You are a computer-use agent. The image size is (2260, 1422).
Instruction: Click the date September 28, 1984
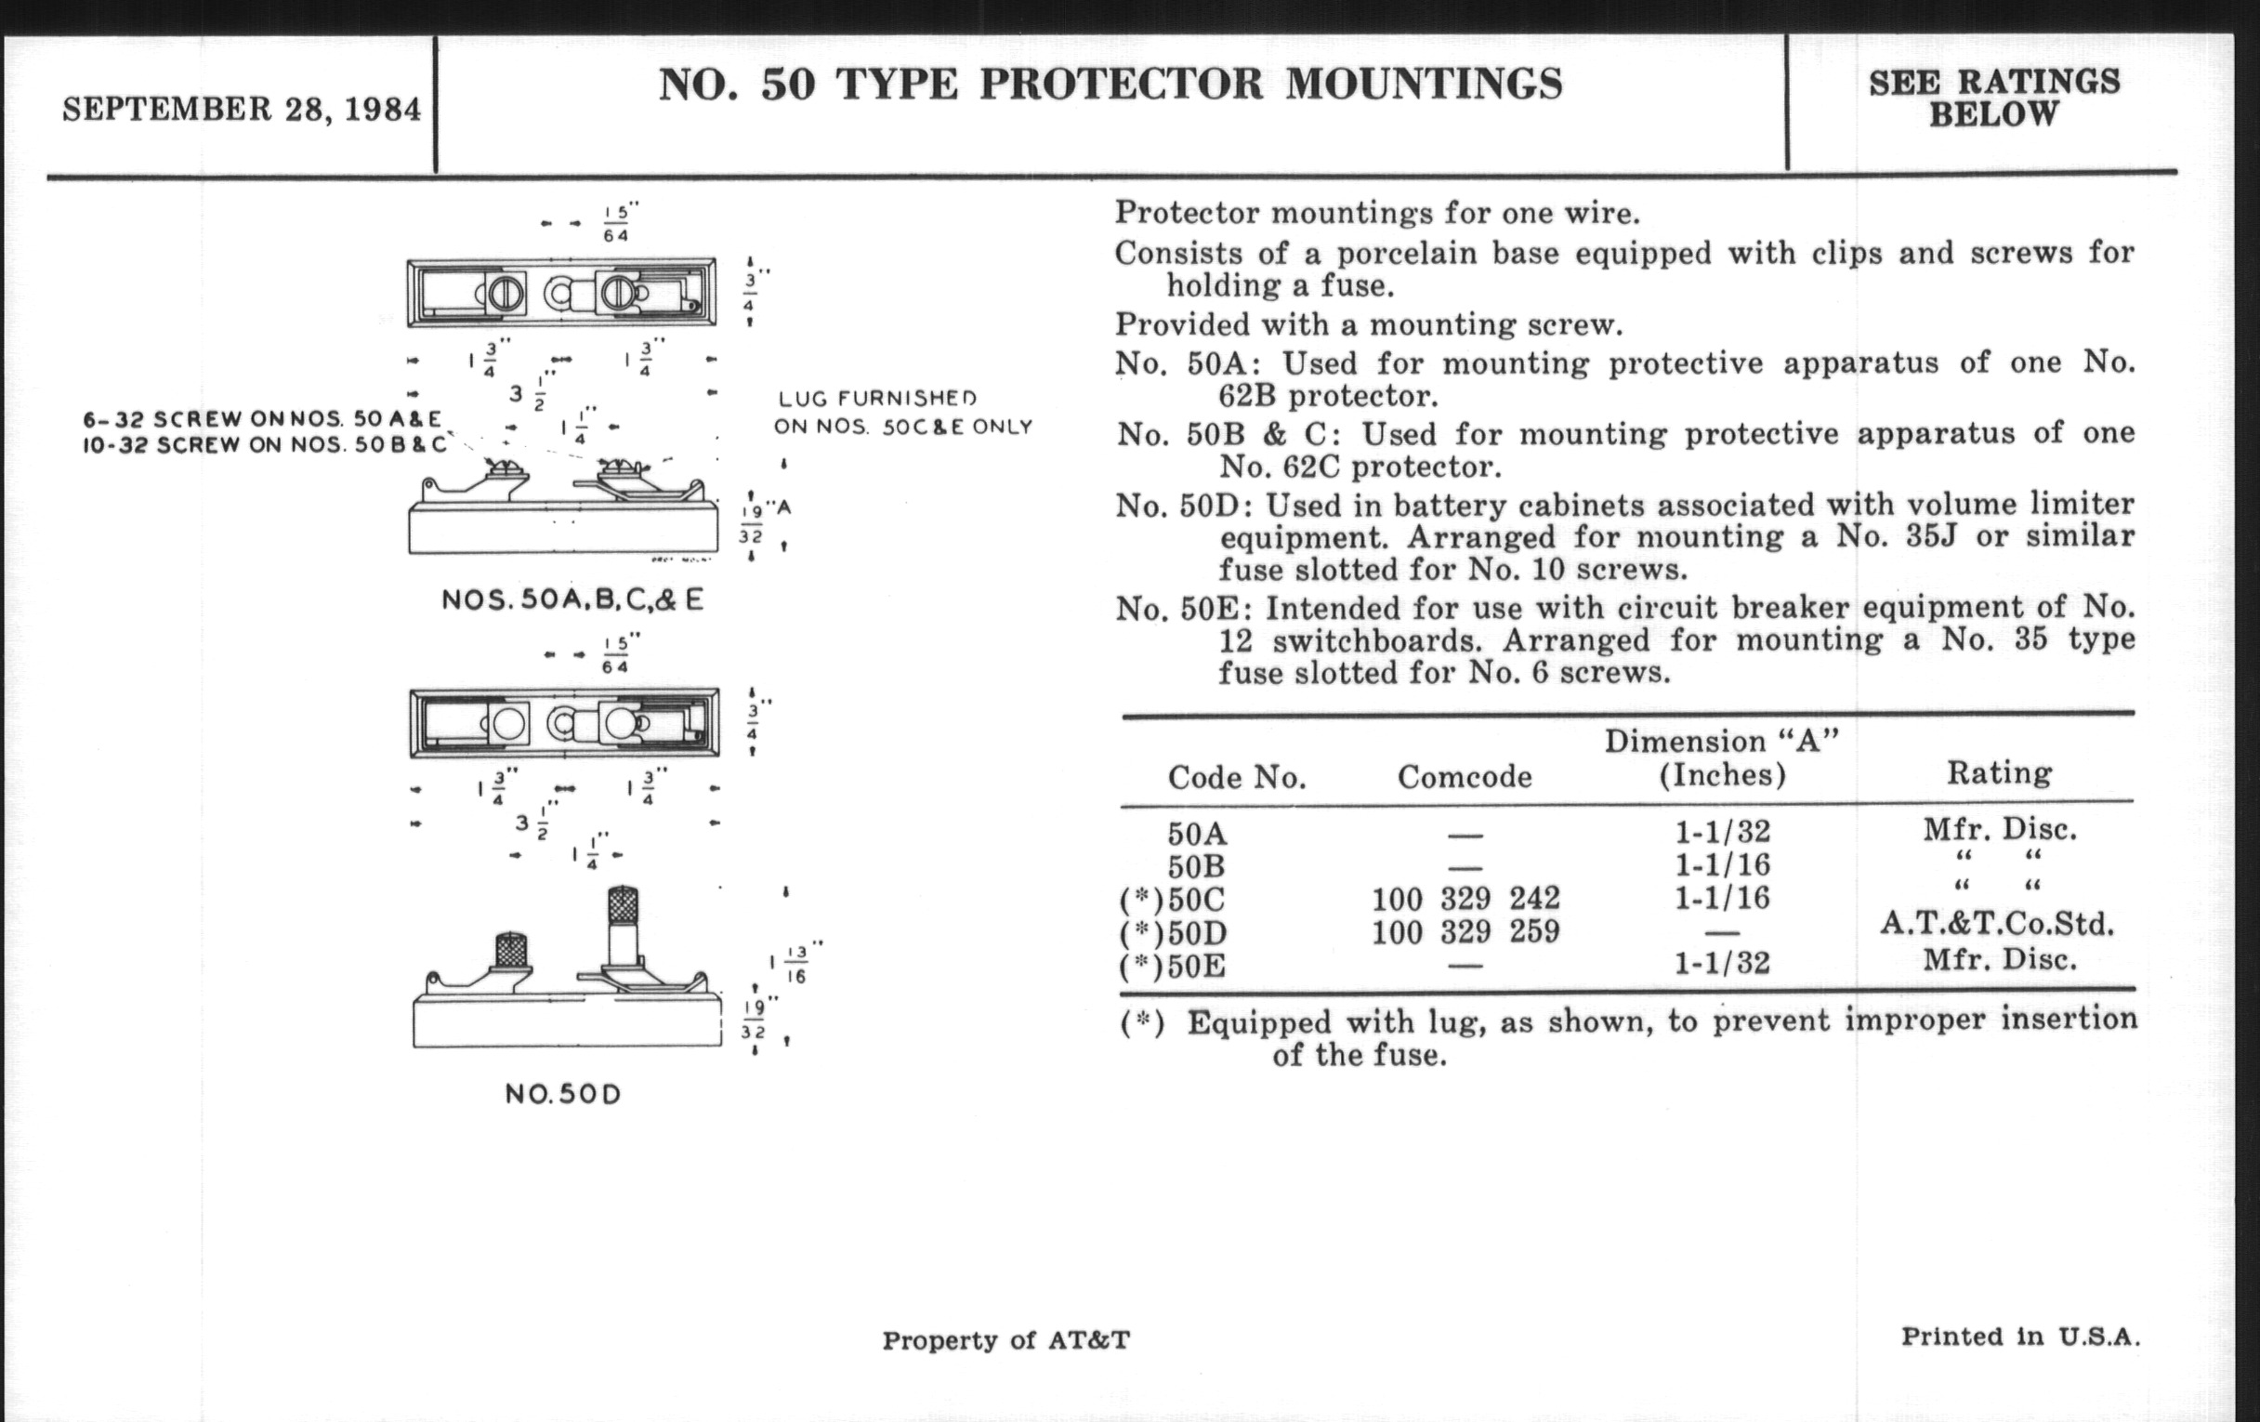coord(242,110)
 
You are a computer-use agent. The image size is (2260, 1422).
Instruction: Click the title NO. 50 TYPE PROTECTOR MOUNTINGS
coord(1110,85)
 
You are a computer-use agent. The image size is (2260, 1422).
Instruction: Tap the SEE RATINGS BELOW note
coord(1993,98)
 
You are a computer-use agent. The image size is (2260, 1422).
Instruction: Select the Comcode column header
coord(1465,776)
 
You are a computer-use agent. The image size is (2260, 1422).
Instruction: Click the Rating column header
coord(1999,772)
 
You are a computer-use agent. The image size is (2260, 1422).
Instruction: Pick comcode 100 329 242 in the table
coord(1465,898)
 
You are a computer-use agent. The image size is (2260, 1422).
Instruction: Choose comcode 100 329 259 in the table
coord(1465,931)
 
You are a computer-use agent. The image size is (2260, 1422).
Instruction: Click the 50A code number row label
coord(1198,834)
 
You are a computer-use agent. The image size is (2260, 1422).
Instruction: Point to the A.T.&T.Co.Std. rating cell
coord(1997,925)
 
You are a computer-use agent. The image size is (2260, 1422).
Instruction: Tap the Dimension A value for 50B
coord(1722,864)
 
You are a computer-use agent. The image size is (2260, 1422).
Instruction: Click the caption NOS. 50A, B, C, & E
coord(572,599)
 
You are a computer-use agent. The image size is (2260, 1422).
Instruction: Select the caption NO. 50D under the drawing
coord(563,1095)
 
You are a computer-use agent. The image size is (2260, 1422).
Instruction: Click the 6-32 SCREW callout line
coord(262,418)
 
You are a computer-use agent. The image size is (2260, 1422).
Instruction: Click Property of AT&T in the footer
coord(1005,1340)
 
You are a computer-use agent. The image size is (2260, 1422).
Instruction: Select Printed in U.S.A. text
coord(2019,1336)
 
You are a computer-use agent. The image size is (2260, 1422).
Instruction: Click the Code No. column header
coord(1236,777)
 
